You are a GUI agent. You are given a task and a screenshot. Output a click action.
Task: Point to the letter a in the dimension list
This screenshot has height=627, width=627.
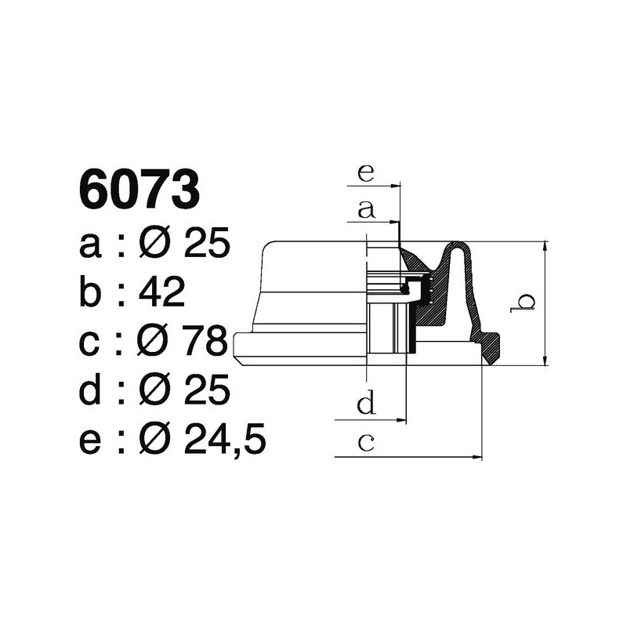pyautogui.click(x=91, y=245)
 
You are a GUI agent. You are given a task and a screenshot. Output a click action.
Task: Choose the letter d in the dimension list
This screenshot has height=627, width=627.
pyautogui.click(x=91, y=391)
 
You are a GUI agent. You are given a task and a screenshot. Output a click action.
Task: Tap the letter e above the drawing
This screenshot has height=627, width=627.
pyautogui.click(x=365, y=172)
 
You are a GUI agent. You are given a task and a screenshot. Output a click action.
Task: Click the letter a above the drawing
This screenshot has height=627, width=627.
pyautogui.click(x=365, y=209)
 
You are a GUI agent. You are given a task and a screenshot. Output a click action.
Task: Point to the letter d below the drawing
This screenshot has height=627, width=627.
pyautogui.click(x=365, y=404)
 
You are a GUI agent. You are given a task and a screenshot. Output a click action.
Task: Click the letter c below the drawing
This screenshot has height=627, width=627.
pyautogui.click(x=365, y=443)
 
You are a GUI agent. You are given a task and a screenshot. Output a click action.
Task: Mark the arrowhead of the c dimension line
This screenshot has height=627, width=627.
pyautogui.click(x=477, y=457)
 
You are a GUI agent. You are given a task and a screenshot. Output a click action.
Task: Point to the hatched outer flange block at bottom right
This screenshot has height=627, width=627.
pyautogui.click(x=490, y=348)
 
